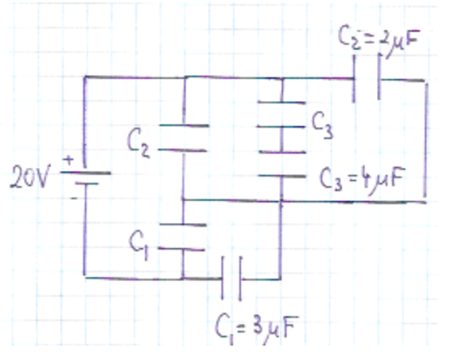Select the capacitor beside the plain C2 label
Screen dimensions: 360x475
(183, 139)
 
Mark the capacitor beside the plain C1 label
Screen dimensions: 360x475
(183, 237)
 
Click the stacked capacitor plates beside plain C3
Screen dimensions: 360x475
(282, 138)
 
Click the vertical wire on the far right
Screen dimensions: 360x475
(426, 142)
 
